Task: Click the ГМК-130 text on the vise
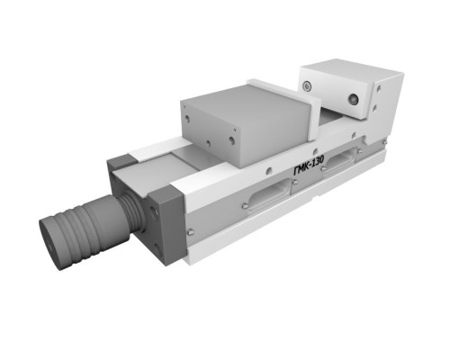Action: [x=309, y=166]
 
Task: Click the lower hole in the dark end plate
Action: [x=157, y=248]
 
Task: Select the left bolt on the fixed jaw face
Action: [x=307, y=86]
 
